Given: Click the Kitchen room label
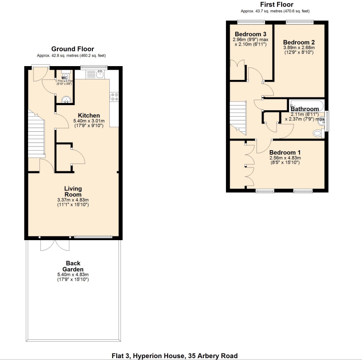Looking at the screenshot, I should pos(89,115).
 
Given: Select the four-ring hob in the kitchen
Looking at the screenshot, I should pos(114,96).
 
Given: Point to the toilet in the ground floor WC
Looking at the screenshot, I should pos(66,77).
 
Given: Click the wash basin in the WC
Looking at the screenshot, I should pos(67,99).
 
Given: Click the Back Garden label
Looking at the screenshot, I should pos(73,266).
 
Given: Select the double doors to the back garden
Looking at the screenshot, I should pos(55,244).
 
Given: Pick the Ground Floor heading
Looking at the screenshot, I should pos(73,49).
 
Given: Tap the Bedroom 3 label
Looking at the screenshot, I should pos(250,34).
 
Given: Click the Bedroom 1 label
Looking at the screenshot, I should pos(285,152).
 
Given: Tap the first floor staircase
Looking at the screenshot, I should pos(238,116).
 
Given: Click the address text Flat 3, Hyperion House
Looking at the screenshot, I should pos(175,355).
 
